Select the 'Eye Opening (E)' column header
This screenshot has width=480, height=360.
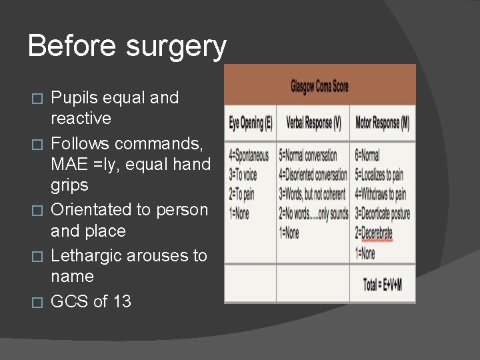click(250, 123)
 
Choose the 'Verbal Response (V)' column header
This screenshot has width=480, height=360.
click(313, 123)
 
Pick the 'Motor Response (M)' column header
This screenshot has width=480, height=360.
click(382, 123)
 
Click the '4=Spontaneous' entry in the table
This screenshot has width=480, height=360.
click(249, 155)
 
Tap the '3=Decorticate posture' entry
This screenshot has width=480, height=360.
click(382, 214)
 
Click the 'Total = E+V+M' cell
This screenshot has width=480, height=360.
click(382, 285)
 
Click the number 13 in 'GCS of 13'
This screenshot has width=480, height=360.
click(121, 301)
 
